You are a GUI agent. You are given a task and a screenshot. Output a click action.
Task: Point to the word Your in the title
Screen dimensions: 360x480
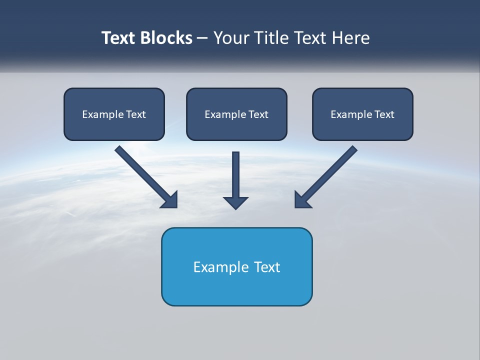pyautogui.click(x=230, y=38)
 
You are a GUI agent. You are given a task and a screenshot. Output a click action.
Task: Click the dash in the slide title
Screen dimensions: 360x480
pyautogui.click(x=202, y=38)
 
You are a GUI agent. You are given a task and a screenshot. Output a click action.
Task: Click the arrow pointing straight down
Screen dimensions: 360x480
pyautogui.click(x=236, y=175)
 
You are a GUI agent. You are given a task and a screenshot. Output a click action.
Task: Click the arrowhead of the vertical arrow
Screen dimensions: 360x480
pyautogui.click(x=236, y=202)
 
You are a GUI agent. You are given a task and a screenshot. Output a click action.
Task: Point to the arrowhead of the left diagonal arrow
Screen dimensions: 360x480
pyautogui.click(x=170, y=200)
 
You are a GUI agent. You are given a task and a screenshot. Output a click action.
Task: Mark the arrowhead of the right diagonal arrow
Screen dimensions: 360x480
pyautogui.click(x=302, y=200)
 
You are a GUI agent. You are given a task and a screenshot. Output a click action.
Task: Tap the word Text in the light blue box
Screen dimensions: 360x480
pyautogui.click(x=267, y=267)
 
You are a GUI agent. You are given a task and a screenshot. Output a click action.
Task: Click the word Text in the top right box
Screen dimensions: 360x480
pyautogui.click(x=384, y=114)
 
